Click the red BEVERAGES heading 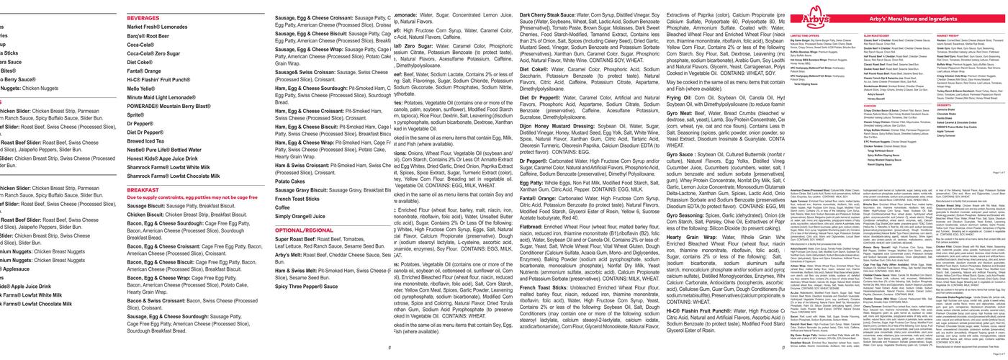(143, 17)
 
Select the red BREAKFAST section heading (143, 189)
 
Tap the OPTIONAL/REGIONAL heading (304, 230)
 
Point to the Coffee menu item (282, 207)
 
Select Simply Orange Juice (300, 216)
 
